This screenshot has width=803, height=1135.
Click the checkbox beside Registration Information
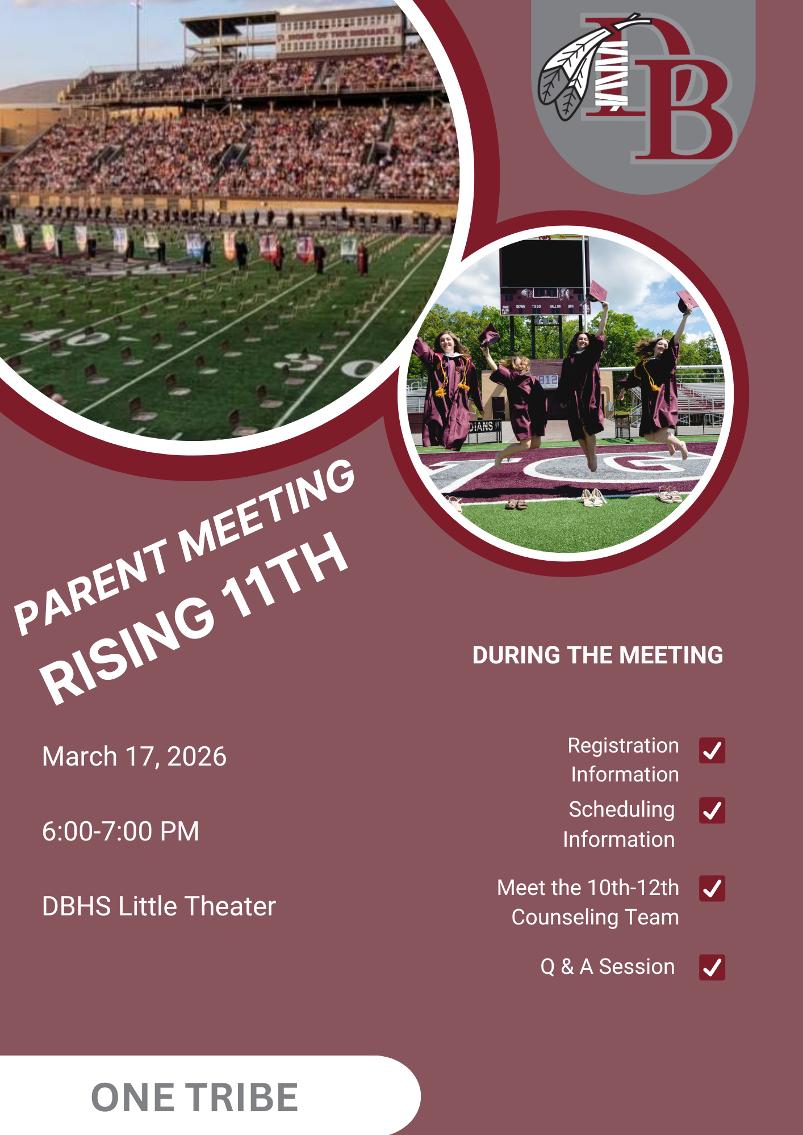pos(712,750)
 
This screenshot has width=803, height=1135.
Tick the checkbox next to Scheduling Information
pos(712,810)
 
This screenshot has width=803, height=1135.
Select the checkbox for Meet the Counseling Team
pos(712,888)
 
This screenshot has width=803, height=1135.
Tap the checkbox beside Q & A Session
pos(712,967)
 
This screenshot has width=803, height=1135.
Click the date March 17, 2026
pos(135,756)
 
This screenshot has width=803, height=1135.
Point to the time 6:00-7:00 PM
pos(121,831)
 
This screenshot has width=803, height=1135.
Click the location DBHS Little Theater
pos(159,906)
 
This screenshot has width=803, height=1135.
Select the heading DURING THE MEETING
pos(598,655)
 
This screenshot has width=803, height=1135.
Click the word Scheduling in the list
pos(622,810)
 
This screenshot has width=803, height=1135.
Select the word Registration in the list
pos(624,746)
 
